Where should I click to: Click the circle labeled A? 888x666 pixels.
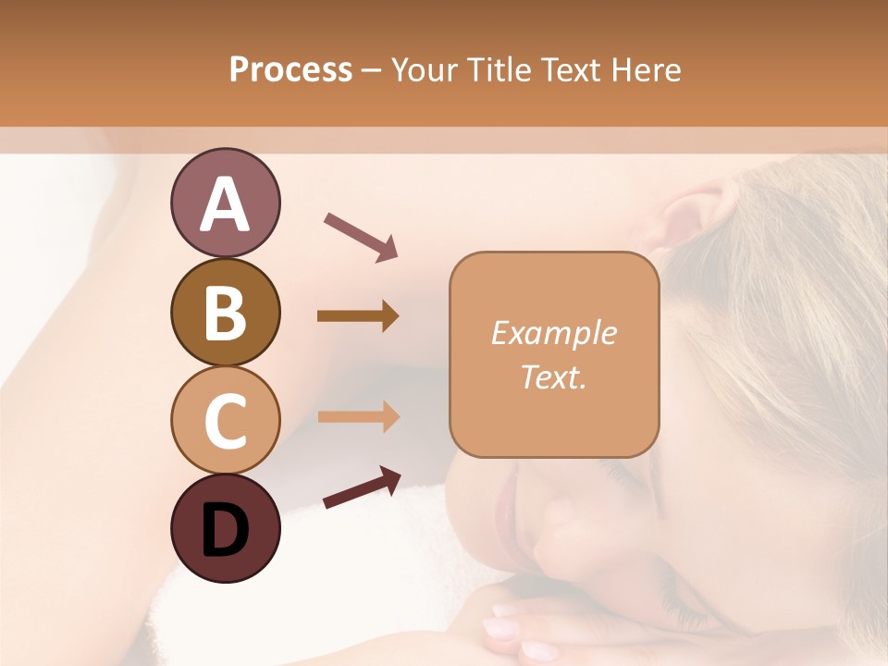pos(225,203)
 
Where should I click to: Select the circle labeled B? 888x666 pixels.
pos(225,312)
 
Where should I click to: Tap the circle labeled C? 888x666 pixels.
pos(225,420)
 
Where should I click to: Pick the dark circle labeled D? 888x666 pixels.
pos(225,528)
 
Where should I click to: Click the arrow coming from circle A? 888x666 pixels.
pos(361,235)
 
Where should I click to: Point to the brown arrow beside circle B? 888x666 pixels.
pos(358,316)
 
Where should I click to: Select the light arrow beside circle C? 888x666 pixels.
pos(358,416)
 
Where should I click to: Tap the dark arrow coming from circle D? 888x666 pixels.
pos(362,487)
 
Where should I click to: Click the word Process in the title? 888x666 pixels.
pos(290,70)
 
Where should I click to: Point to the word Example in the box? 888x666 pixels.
pos(553,334)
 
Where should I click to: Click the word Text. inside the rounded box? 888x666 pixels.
pos(553,377)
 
